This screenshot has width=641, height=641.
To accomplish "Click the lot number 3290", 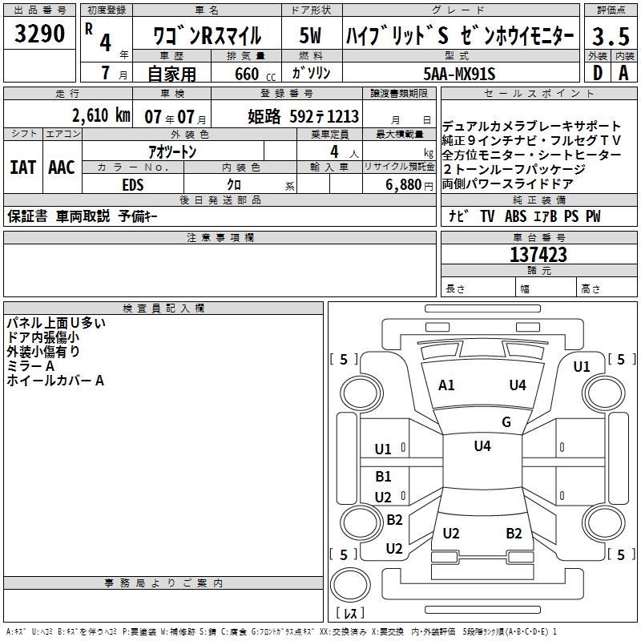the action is coord(41,35).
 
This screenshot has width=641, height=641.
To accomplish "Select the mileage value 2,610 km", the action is coord(99,115).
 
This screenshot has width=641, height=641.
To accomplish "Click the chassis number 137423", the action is coord(538,256).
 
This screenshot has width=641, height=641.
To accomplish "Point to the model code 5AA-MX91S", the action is coord(459,74).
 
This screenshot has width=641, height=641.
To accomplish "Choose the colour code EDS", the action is coord(133,183).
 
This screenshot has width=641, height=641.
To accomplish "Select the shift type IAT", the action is coord(22,167).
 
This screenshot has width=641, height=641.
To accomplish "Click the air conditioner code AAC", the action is coord(61,167).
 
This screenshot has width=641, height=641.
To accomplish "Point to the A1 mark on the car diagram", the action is coord(446,385).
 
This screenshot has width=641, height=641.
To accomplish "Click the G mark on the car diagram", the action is coord(506,422).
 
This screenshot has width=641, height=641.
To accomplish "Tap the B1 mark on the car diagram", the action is coord(384,477).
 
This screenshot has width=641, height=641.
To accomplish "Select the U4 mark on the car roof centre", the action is coord(482,446).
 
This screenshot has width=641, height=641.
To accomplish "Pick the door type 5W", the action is coord(310,36).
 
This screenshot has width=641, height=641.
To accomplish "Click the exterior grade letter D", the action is coord(597,73).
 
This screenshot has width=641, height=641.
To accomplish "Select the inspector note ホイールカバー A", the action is coord(55,381).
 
